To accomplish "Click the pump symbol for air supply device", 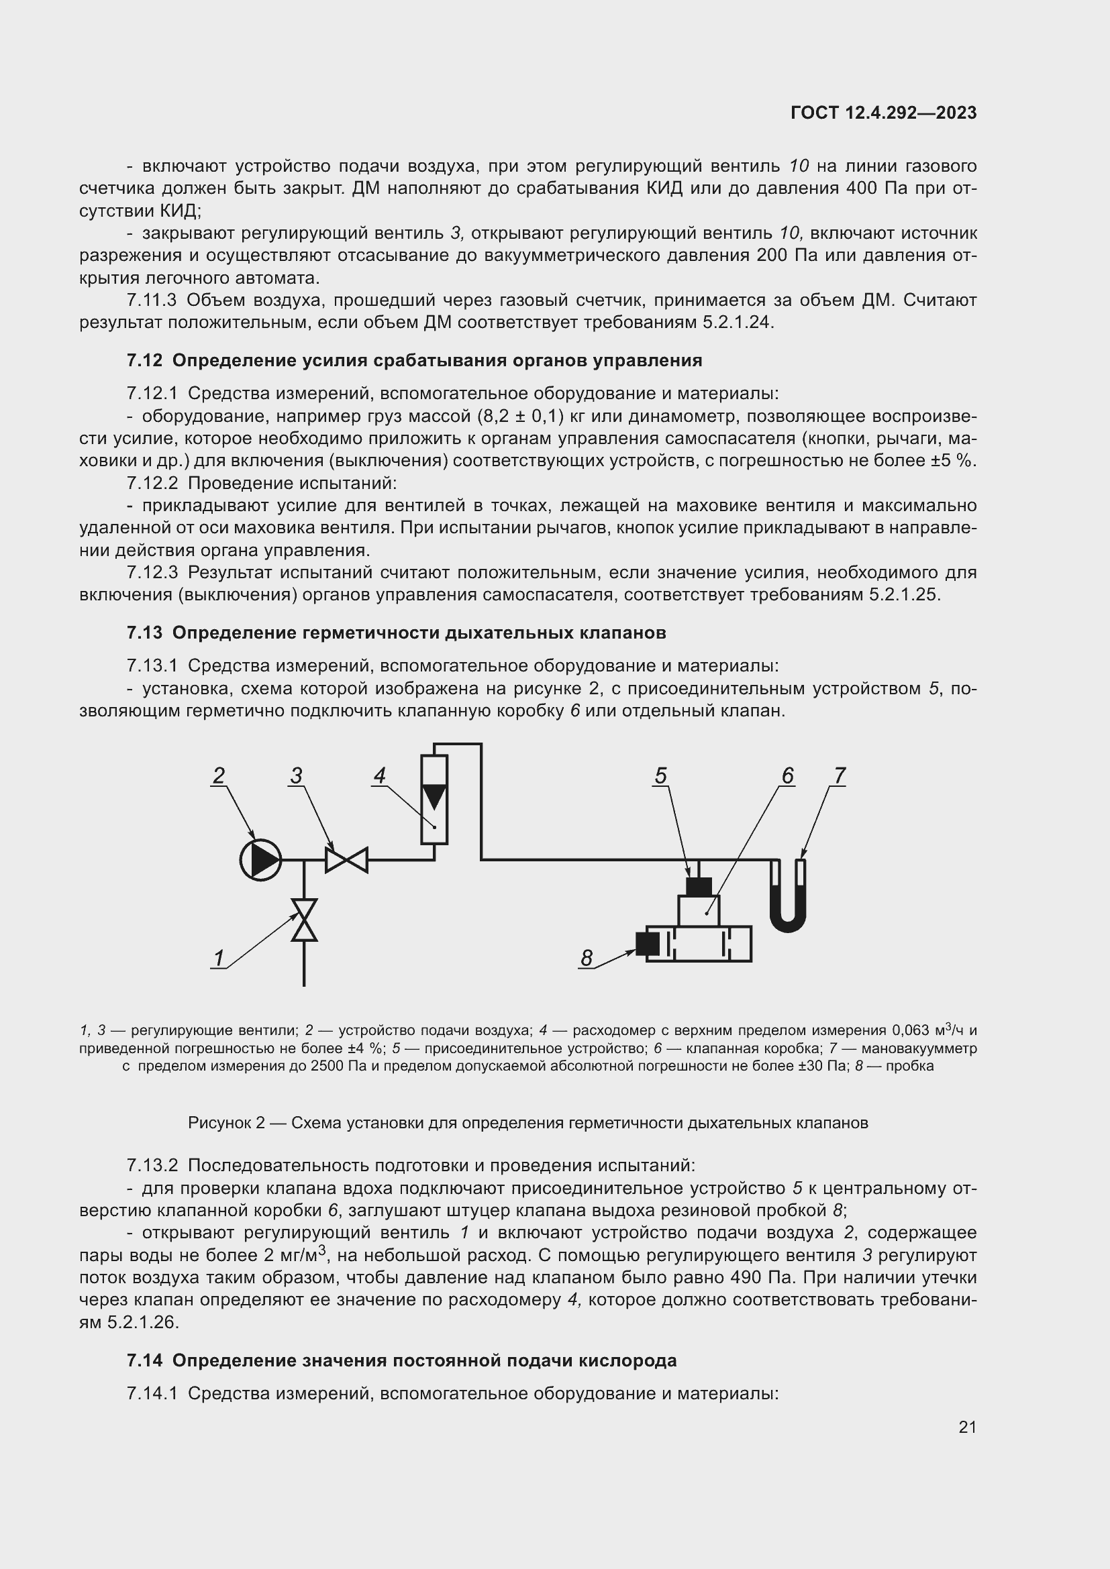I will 260,860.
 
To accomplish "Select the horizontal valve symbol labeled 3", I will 346,860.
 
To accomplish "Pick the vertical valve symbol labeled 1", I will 304,920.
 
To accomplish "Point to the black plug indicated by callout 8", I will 644,944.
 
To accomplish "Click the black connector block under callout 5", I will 699,886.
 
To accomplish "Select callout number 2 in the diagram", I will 219,775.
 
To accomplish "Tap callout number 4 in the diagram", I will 380,775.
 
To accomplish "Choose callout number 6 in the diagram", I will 787,775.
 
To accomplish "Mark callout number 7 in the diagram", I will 840,775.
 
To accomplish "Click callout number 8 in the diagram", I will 587,959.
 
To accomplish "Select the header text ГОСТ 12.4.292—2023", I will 883,113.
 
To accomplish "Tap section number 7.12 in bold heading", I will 144,361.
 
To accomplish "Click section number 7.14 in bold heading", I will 144,1360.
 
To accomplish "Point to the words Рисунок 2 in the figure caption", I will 226,1123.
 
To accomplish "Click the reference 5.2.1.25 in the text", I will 904,595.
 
